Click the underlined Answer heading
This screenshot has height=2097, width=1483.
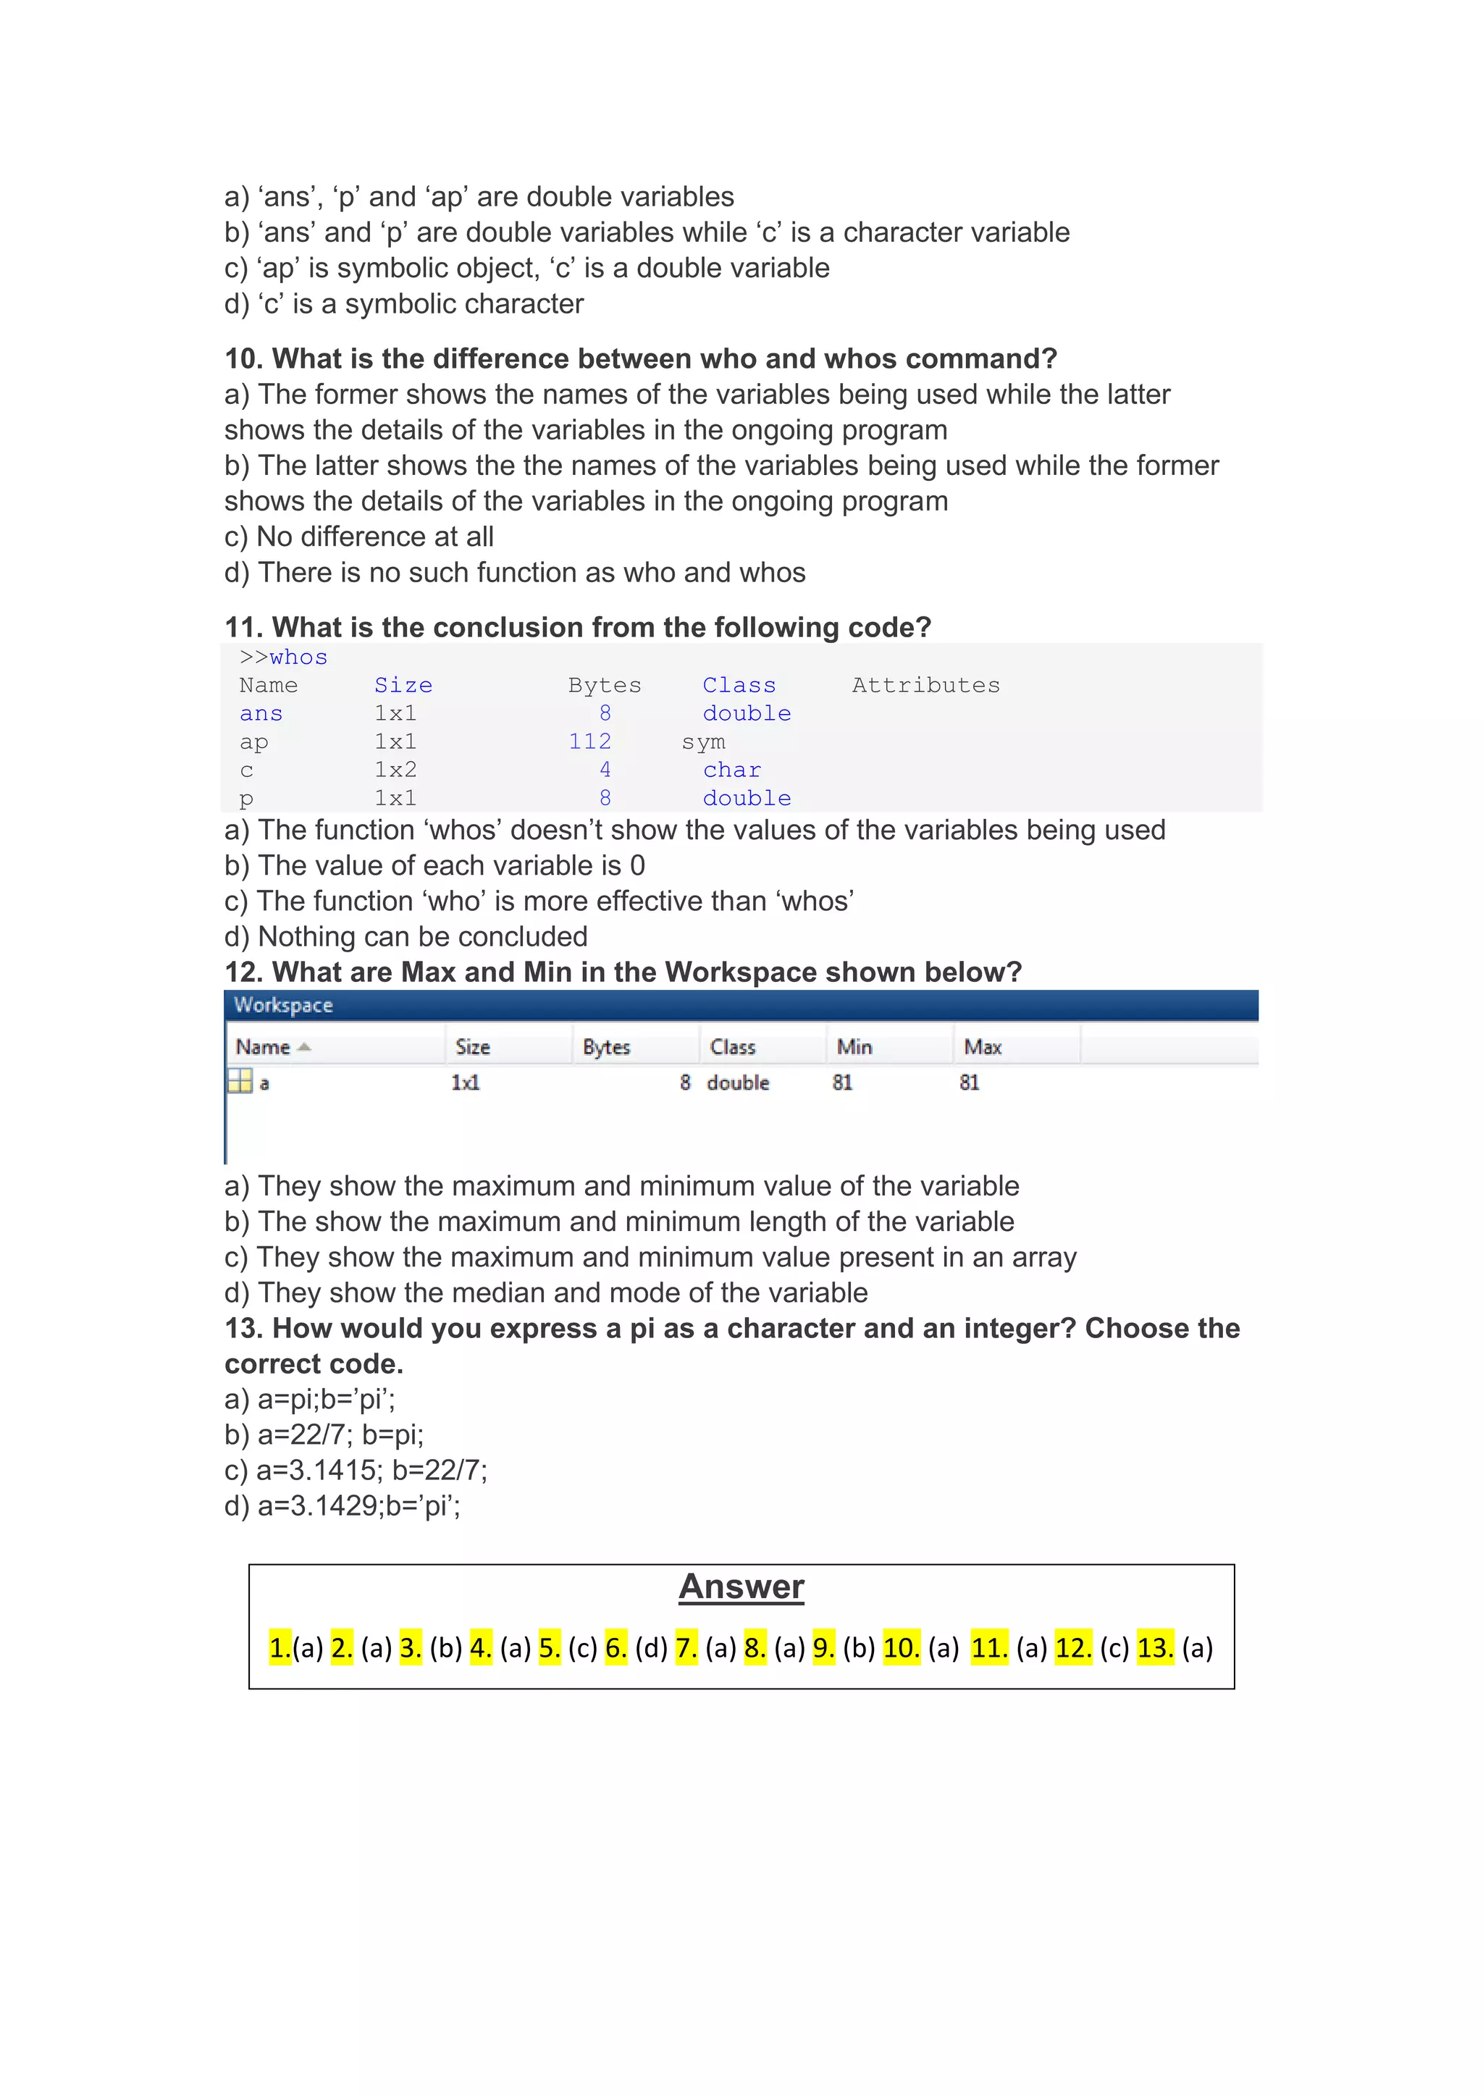coord(741,1587)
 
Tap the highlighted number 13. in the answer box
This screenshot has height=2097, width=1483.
coord(1155,1647)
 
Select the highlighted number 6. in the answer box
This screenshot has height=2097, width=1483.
coord(616,1647)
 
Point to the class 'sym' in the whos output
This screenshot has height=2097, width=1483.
coord(703,741)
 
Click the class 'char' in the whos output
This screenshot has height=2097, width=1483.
coord(731,770)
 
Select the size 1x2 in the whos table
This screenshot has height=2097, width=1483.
coord(395,770)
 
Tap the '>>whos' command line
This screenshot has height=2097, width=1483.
coord(283,657)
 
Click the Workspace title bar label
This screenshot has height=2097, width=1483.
coord(283,1004)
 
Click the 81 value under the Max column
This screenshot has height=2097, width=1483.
coord(969,1083)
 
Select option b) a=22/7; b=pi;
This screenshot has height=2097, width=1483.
coord(324,1435)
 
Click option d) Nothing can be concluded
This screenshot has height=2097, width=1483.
coord(406,936)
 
